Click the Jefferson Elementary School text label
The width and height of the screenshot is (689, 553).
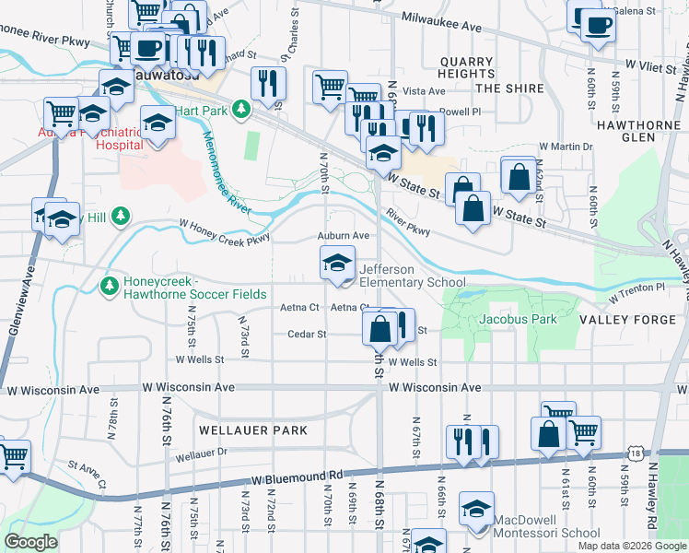[412, 276]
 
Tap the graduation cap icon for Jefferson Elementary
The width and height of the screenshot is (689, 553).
[337, 264]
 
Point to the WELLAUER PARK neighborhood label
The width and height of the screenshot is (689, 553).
[251, 430]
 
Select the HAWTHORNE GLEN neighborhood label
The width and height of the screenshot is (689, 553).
[637, 130]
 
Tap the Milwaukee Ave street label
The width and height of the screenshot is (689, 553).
[442, 23]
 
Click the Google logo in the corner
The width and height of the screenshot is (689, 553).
[30, 542]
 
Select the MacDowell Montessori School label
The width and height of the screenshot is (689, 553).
[547, 526]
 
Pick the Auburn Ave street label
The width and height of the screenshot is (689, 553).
[344, 236]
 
